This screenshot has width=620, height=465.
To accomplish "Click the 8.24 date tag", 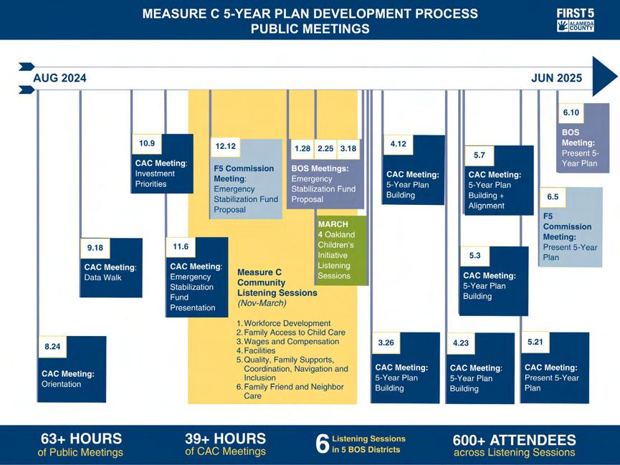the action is [x=52, y=347].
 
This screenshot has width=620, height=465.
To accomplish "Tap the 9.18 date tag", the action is [x=95, y=248].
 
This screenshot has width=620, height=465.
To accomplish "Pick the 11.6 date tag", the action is [x=181, y=246].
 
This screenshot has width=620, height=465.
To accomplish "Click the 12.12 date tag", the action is [x=226, y=147].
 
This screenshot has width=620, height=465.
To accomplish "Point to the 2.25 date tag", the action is [x=325, y=148].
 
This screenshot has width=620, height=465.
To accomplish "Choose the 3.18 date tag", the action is [x=348, y=148].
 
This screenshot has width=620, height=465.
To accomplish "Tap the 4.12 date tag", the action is [x=399, y=144].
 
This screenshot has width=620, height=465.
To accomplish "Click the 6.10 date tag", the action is [x=571, y=112].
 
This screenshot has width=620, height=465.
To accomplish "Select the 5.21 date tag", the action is [x=535, y=342].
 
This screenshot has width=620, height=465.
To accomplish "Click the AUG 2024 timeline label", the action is [x=59, y=79].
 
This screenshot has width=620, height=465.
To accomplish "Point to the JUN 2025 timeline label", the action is [x=556, y=79].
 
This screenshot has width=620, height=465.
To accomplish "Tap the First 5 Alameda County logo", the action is [x=575, y=20].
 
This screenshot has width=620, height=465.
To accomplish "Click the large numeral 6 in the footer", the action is [x=323, y=444].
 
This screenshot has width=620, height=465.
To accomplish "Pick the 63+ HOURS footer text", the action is [x=81, y=438].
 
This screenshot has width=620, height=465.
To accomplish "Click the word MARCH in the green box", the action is [x=333, y=224].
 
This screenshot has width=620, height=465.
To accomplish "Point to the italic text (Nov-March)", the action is [x=262, y=304].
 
